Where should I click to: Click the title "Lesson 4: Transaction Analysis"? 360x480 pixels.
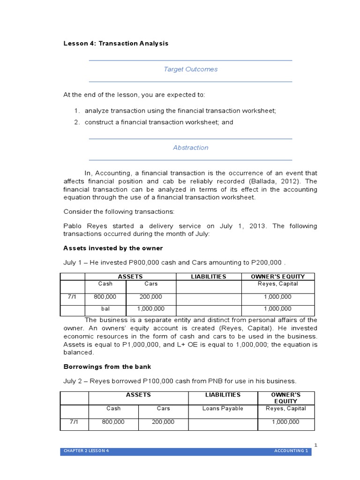coord(115,43)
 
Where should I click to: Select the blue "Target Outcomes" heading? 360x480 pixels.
coord(190,69)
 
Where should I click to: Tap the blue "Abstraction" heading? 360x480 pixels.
coord(190,147)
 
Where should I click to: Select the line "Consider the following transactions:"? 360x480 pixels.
coord(119,212)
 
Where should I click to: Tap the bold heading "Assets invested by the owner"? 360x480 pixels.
coord(113,247)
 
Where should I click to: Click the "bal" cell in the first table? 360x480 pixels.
coord(105,309)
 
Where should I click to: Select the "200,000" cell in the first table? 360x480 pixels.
coord(150,297)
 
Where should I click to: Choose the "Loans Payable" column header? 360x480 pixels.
coord(223,408)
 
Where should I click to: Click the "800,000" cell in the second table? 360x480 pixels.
coord(113,422)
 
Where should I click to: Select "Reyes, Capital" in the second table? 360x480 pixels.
coord(285,408)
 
